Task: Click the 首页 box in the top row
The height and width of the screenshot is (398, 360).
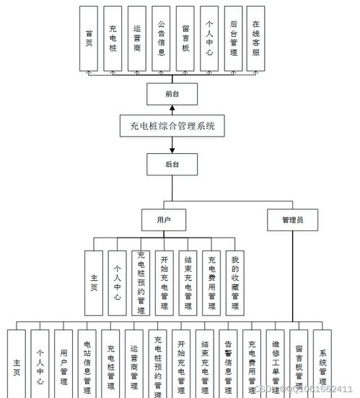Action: point(89,39)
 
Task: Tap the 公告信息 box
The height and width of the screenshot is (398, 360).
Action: point(162,39)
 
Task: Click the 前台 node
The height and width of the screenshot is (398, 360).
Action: point(171,93)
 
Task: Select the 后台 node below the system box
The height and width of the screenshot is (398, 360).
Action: point(171,163)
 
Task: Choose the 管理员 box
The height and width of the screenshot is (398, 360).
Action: point(291,219)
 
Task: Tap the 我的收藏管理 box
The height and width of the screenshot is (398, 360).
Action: point(235,282)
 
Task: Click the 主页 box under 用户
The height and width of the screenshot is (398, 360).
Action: point(94,282)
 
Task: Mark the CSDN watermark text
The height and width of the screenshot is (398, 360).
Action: point(303,389)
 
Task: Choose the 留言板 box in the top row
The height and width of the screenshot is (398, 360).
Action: point(185,39)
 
